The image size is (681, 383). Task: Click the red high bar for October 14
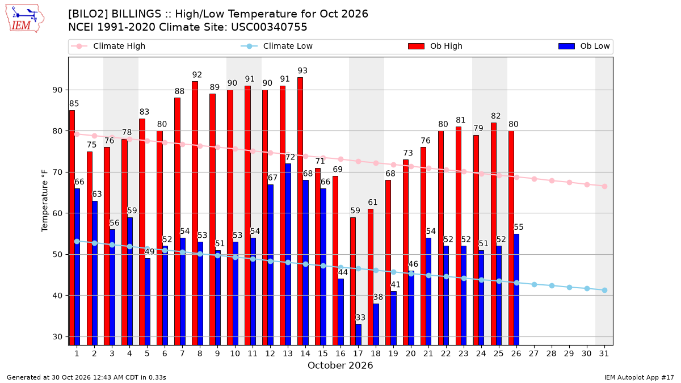coord(300,211)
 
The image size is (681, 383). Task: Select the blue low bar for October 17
coord(359,335)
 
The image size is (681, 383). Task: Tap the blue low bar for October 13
coord(288,254)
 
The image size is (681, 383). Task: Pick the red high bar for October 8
coord(195,213)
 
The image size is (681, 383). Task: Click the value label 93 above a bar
coord(302,71)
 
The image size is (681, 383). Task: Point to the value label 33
coord(360,318)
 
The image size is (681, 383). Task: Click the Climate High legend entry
coord(108,46)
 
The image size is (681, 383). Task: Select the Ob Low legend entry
coord(584,46)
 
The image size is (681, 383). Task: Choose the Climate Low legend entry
coord(277,46)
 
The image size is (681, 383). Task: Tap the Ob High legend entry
coord(435,46)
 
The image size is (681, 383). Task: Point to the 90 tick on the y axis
coord(57,90)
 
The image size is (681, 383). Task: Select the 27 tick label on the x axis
coord(534,353)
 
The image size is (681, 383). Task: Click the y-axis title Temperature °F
coord(45,201)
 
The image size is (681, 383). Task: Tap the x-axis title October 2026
coord(340,365)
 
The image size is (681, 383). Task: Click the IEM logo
coord(25,18)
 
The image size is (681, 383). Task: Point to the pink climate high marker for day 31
coord(604,186)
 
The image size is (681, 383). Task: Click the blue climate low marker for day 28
coord(552,286)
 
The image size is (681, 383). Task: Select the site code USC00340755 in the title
coord(269,27)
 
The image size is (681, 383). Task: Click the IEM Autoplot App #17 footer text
coord(639,377)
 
